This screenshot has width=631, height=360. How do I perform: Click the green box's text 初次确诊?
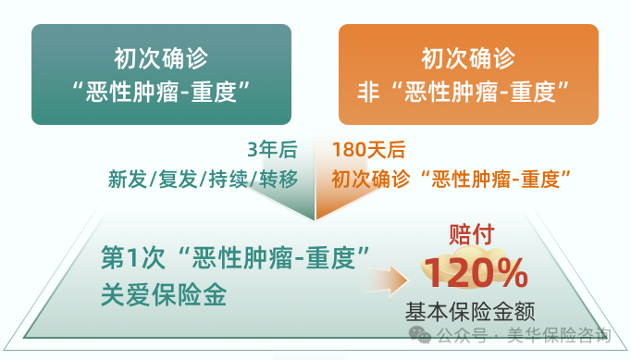point(161,57)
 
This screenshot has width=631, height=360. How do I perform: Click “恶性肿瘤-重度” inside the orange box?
point(477,92)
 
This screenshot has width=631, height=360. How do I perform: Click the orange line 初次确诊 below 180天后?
point(368,179)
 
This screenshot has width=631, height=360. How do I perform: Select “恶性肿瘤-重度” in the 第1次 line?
point(271,257)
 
